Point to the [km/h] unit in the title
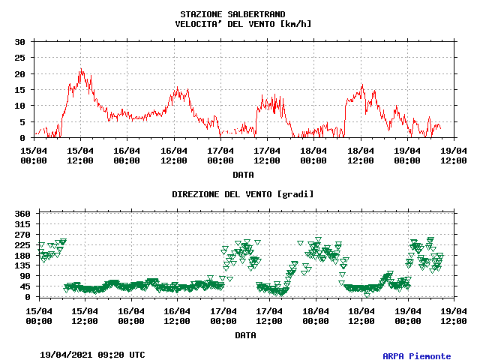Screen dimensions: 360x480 click(x=295, y=24)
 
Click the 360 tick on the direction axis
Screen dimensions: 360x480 click(x=21, y=214)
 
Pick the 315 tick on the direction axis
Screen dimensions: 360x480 click(x=21, y=224)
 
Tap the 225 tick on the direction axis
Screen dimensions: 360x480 click(x=21, y=245)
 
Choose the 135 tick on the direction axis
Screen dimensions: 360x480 click(x=21, y=265)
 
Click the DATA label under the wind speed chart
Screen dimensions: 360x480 click(x=242, y=175)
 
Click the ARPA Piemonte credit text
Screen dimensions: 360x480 click(x=417, y=356)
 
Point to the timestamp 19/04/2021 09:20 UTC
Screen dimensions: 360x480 click(x=92, y=354)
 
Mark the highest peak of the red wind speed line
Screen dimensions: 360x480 click(x=81, y=69)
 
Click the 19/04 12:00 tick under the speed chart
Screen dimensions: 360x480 click(x=453, y=154)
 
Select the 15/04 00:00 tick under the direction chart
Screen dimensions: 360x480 click(x=39, y=315)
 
